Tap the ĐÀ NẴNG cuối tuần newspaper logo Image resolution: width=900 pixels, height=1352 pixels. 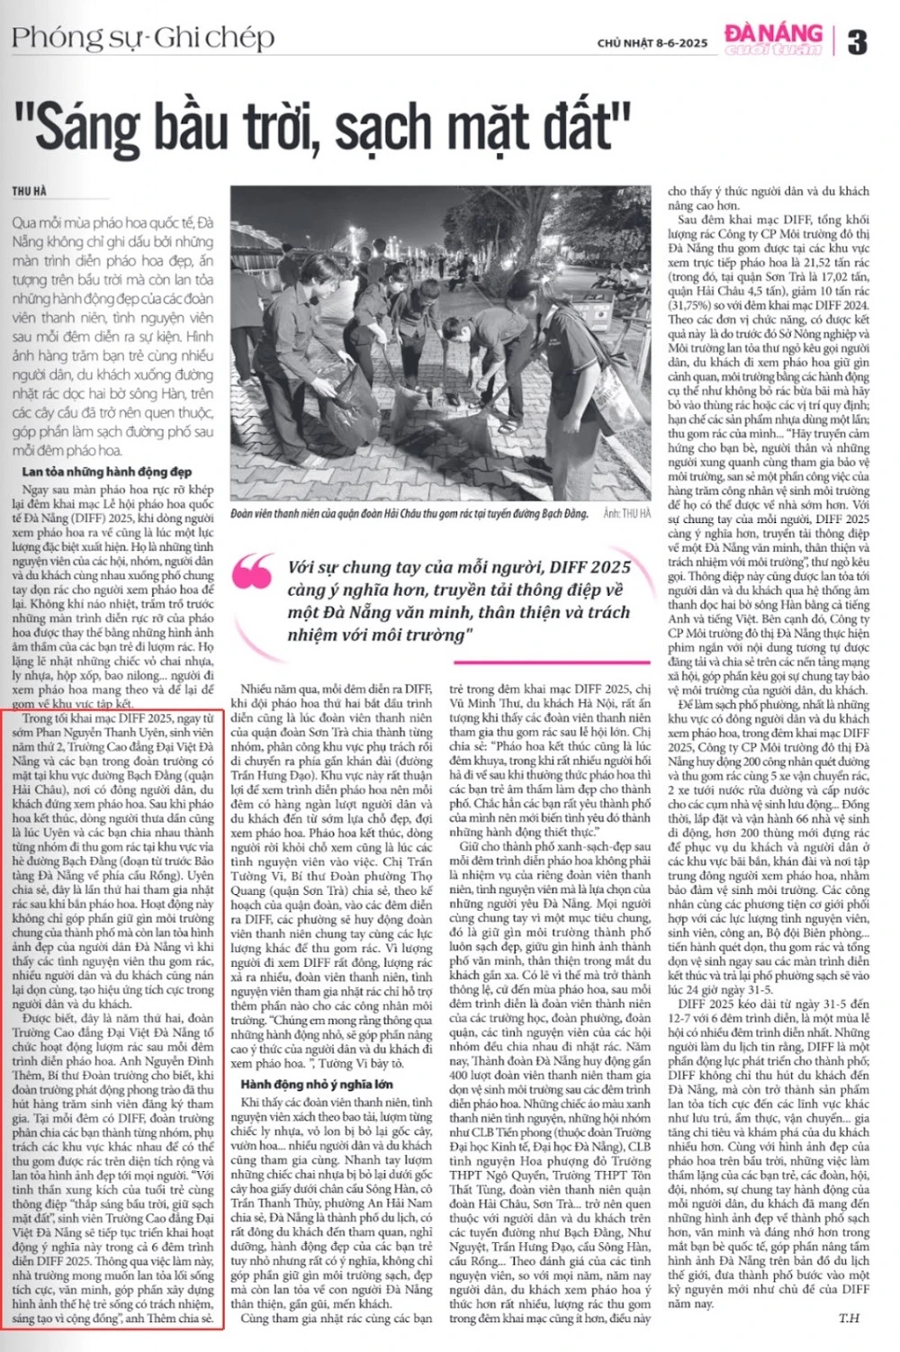click(x=773, y=39)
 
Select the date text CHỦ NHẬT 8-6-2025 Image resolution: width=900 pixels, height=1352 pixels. click(x=652, y=43)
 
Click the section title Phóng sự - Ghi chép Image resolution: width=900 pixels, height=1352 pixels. click(x=143, y=38)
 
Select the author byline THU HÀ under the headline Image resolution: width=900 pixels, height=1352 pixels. click(x=29, y=192)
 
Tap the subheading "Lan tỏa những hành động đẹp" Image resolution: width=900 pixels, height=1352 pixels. click(x=106, y=471)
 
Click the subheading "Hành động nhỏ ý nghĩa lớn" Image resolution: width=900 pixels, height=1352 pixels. click(x=316, y=1084)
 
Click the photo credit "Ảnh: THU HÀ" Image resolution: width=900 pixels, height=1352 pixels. click(x=626, y=513)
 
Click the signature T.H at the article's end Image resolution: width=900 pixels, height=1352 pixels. click(x=849, y=1318)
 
